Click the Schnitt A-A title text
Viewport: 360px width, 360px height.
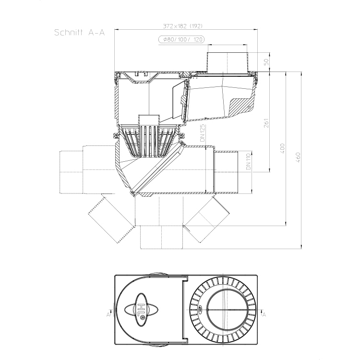pos(79,33)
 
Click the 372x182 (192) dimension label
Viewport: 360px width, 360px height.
pos(183,26)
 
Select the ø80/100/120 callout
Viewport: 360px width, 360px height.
pos(181,39)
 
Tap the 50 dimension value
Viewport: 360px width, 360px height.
pos(266,62)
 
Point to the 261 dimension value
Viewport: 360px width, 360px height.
pos(266,123)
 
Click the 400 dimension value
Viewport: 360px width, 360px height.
pos(282,148)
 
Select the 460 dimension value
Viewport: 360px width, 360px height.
pos(298,157)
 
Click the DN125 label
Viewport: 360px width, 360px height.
pos(202,133)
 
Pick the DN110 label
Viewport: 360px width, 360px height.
pos(248,162)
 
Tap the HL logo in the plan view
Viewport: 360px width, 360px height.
pos(142,310)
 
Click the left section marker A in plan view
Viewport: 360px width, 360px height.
pos(108,314)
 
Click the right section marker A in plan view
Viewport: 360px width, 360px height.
pos(264,314)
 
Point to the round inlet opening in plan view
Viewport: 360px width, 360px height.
pos(228,310)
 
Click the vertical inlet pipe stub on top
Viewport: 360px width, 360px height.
pos(228,62)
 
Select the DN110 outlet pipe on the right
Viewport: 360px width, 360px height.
pos(226,172)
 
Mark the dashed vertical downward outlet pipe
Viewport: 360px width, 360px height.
pos(161,237)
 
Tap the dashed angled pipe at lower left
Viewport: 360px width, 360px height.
pos(111,218)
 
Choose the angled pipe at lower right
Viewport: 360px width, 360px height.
pos(207,219)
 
